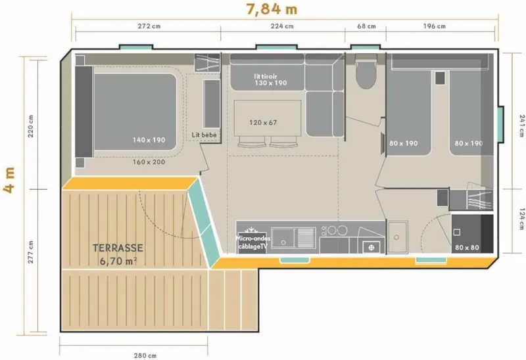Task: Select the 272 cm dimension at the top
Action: [148, 27]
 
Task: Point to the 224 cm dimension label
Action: [282, 27]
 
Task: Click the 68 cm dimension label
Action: [366, 27]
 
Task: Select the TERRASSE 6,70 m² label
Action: [118, 255]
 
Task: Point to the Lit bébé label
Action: [204, 135]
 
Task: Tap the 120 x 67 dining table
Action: [264, 122]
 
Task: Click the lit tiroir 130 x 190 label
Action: [270, 79]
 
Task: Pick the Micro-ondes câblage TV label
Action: [253, 242]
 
